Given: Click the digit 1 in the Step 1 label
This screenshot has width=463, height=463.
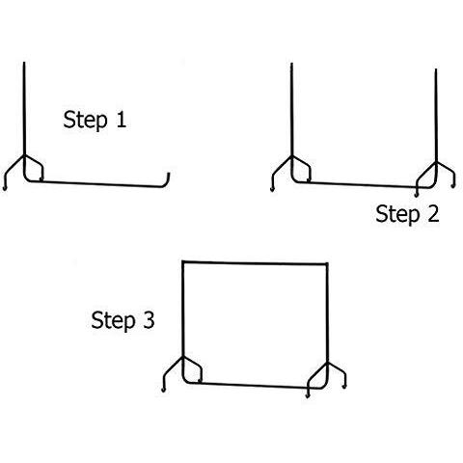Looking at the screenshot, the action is [x=121, y=120].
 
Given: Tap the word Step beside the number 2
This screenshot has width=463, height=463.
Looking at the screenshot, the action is [x=397, y=215].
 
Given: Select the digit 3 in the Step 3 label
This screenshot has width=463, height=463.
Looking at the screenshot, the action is [x=149, y=320].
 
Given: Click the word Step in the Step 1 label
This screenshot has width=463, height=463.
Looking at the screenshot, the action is [x=85, y=121].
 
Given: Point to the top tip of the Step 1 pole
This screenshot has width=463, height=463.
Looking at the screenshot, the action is [x=24, y=63].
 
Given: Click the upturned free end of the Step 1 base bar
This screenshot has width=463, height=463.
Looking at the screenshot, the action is [x=169, y=174].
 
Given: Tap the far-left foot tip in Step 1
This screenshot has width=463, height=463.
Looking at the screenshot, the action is [x=5, y=188].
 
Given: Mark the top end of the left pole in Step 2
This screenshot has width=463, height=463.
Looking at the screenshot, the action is [x=291, y=64].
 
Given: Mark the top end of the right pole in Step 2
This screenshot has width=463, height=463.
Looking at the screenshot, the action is [x=436, y=69].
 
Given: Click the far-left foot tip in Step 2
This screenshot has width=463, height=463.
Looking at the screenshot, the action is [x=272, y=190].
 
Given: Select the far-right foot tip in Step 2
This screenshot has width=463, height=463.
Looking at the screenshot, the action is [x=453, y=186].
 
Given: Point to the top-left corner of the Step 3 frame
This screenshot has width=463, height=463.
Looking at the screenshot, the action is [x=183, y=261].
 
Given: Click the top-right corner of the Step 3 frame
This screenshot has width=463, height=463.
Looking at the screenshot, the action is [x=327, y=264].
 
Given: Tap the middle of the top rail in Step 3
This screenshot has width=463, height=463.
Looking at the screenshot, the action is [x=255, y=263].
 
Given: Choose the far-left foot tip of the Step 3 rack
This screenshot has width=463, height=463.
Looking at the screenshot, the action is [x=163, y=390].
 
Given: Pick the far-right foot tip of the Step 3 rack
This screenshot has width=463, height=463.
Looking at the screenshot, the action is [x=344, y=387].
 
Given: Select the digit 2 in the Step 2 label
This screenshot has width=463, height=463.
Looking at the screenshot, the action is [x=433, y=213].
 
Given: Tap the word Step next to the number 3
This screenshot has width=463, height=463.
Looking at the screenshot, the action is [x=113, y=321].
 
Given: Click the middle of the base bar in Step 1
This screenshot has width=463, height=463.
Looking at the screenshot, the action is [x=96, y=184].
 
